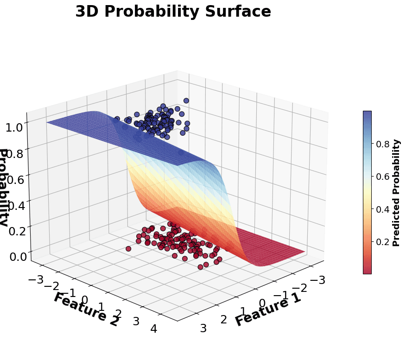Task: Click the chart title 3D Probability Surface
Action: pyautogui.click(x=173, y=12)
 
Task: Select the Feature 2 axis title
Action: pyautogui.click(x=86, y=309)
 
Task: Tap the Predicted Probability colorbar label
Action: pyautogui.click(x=396, y=193)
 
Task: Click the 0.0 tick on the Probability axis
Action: pyautogui.click(x=15, y=255)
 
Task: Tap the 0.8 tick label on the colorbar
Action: pyautogui.click(x=382, y=144)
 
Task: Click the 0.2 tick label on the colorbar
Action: pyautogui.click(x=382, y=242)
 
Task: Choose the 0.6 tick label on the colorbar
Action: pyautogui.click(x=382, y=177)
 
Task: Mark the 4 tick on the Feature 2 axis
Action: pyautogui.click(x=153, y=328)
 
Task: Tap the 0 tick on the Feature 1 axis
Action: pyautogui.click(x=262, y=303)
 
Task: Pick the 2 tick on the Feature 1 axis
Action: pyautogui.click(x=223, y=320)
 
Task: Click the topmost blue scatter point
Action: pyautogui.click(x=186, y=101)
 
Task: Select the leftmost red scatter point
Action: pyautogui.click(x=128, y=249)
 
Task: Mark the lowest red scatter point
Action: pyautogui.click(x=200, y=267)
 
